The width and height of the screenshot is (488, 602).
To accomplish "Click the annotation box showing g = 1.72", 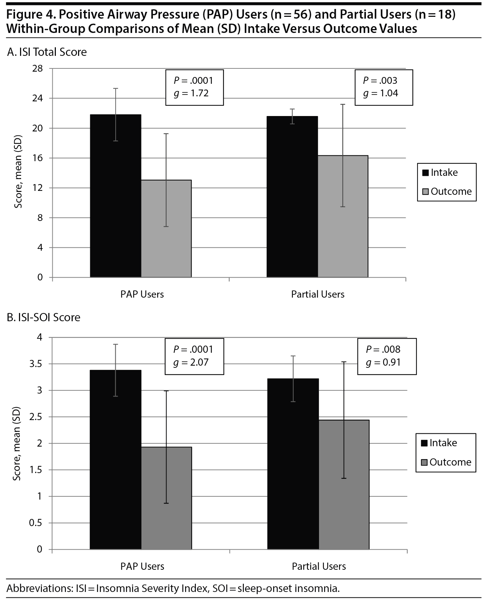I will (x=194, y=87).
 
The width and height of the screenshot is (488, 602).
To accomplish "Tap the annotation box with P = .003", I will (x=383, y=87).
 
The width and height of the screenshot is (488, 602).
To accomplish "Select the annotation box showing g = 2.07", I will (x=194, y=356).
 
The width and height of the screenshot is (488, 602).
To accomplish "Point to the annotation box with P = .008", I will (x=387, y=356).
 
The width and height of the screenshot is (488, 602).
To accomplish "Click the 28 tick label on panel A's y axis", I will (x=37, y=68).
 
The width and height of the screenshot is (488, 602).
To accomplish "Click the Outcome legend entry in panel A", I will (x=447, y=192).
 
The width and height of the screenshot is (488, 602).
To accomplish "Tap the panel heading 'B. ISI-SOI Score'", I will (x=44, y=318).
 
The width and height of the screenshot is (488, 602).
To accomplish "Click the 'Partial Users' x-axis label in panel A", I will (x=318, y=294).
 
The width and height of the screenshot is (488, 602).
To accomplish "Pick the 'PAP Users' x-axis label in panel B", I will (x=142, y=567).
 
